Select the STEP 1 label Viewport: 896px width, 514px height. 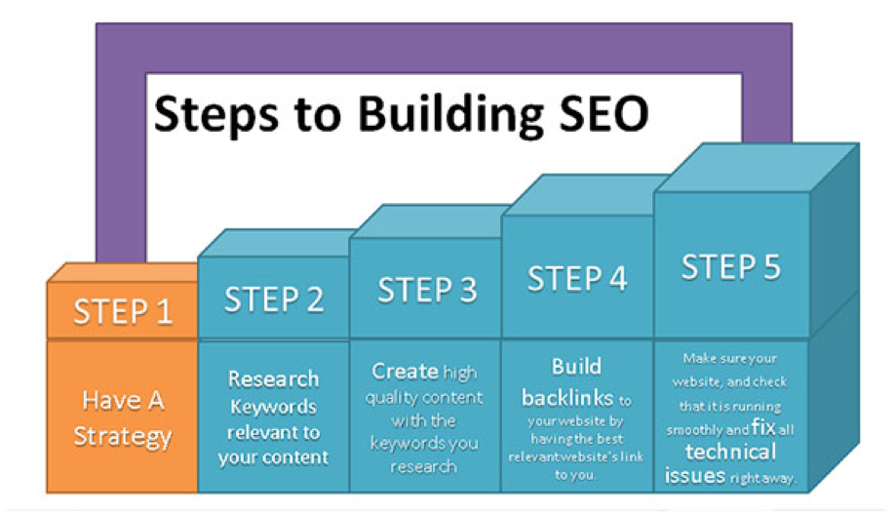point(123,311)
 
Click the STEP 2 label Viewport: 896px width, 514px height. point(274,299)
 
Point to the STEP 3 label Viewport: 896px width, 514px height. point(427,290)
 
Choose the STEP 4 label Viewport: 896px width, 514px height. point(577,278)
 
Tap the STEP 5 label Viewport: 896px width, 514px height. point(731,266)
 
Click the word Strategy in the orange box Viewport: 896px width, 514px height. point(122,437)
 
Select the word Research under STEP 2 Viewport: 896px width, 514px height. point(273,378)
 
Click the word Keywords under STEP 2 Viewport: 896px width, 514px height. point(273,407)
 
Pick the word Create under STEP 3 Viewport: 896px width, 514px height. point(406,371)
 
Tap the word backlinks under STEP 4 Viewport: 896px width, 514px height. point(567,397)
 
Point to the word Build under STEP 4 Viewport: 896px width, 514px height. point(576,367)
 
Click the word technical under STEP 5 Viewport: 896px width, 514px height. point(731,452)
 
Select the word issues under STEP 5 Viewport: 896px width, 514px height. point(695,476)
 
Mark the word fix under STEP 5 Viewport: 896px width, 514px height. point(763,426)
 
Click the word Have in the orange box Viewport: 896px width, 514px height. point(111,400)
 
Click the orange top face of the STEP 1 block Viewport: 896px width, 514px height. point(123,272)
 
